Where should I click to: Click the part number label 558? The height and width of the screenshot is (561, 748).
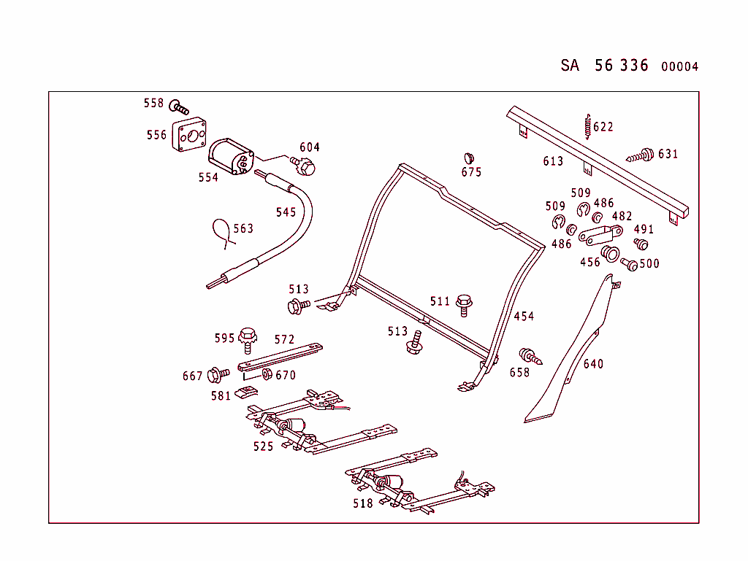pos(153,104)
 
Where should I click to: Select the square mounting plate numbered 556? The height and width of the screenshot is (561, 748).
pos(191,136)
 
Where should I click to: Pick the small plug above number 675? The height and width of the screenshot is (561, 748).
pos(469,158)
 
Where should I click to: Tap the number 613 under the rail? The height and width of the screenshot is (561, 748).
pos(553,161)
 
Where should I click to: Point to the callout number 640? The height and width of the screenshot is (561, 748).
pos(593,364)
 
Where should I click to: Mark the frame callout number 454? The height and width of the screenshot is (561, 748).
pos(523,317)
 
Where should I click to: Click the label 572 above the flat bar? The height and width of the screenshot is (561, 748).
pos(284,340)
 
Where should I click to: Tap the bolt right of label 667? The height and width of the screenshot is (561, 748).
pos(218,375)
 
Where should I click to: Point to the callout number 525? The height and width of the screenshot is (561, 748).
pos(263,446)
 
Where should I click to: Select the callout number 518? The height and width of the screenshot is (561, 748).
pos(362,503)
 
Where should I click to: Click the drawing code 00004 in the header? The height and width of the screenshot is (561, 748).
pos(679,67)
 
